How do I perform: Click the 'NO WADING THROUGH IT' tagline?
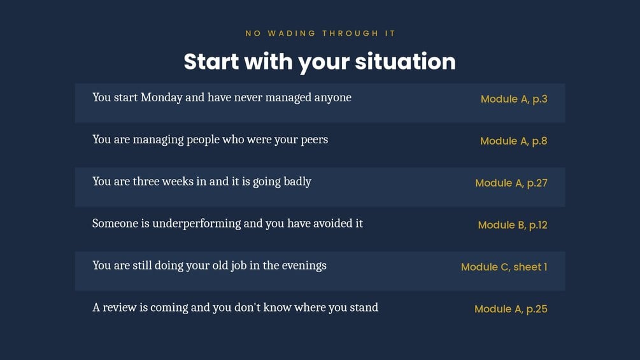coord(320,34)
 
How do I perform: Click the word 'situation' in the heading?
coord(405,62)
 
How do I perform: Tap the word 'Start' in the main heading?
coord(211,62)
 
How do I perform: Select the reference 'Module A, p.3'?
coord(514,99)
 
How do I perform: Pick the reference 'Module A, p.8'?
coord(513,141)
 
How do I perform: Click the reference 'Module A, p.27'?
coord(511,184)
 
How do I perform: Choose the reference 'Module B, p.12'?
coord(513,226)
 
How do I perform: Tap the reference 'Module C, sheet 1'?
coord(504,267)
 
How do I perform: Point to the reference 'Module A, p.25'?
coord(511,309)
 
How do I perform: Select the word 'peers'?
coord(315,140)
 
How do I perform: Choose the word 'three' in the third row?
coord(146,182)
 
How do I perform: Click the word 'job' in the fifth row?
coord(239,266)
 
